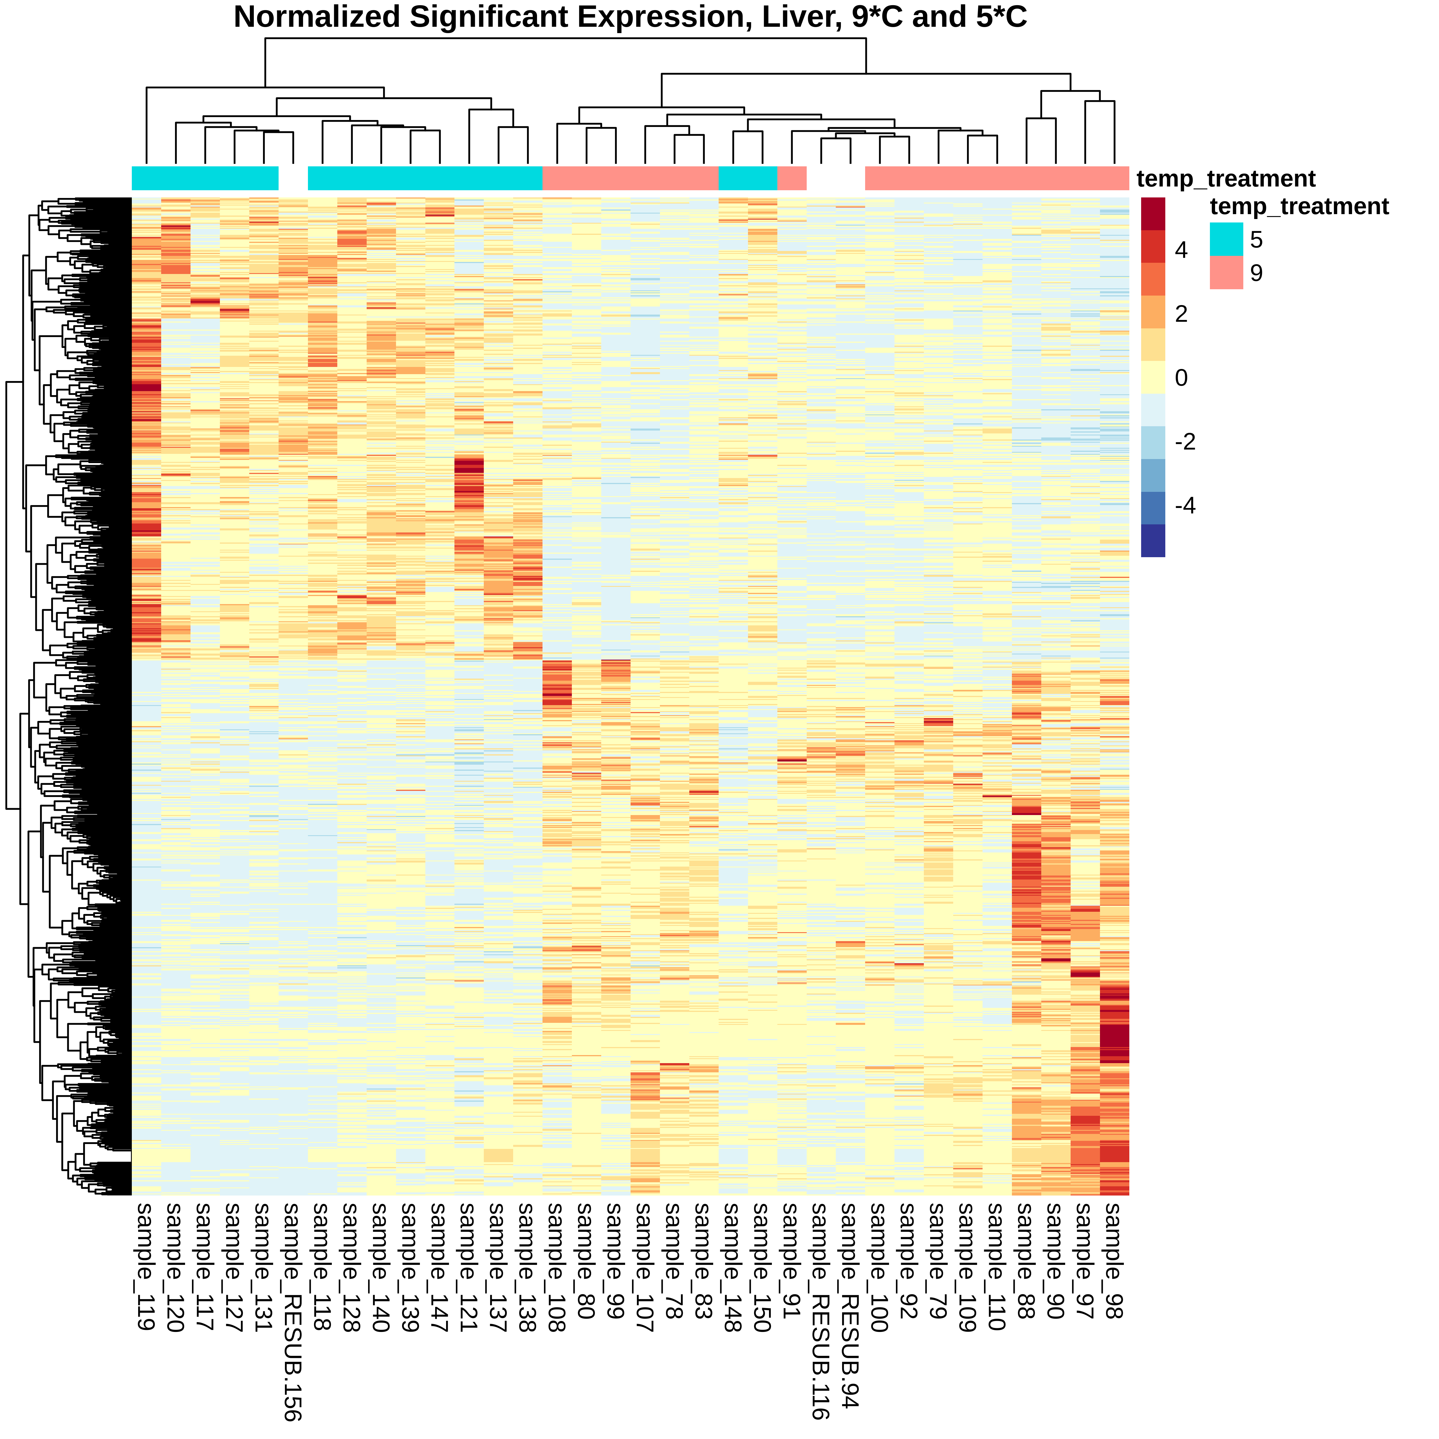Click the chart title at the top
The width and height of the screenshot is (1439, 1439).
coord(630,17)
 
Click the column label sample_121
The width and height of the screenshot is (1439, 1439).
coord(469,1266)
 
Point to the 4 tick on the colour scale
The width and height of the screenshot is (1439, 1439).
coord(1181,250)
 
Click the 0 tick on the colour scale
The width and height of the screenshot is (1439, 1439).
coord(1181,378)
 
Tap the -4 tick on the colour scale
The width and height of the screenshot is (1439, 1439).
coord(1184,506)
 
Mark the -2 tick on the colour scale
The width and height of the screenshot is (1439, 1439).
coord(1184,442)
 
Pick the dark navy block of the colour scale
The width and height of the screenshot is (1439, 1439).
coord(1152,541)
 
